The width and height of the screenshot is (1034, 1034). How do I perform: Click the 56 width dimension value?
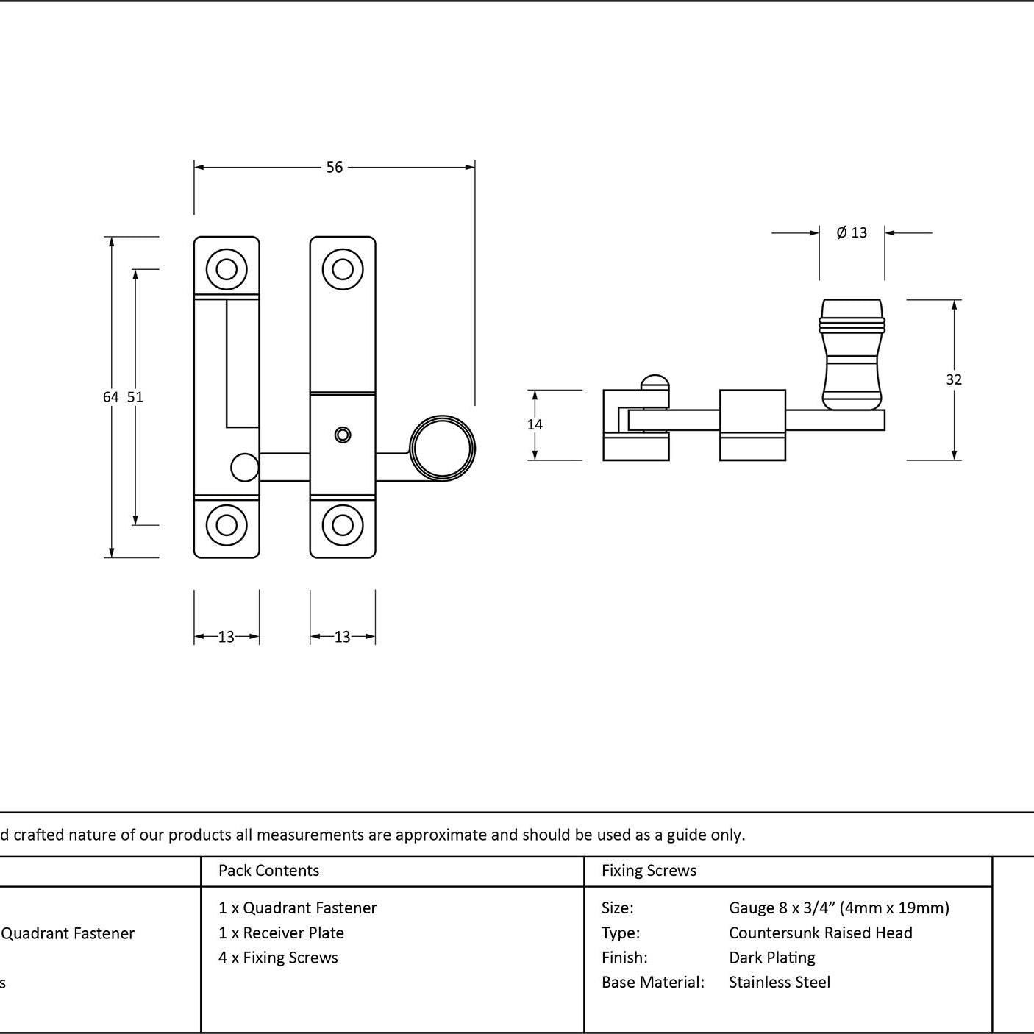pos(335,168)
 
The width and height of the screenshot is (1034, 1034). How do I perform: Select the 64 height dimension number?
pos(110,397)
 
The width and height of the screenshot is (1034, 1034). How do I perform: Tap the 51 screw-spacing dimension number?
pos(135,397)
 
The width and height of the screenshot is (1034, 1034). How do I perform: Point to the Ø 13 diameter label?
pos(852,232)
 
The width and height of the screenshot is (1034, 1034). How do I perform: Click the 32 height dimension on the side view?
pos(954,380)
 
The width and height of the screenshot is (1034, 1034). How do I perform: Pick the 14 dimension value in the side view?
pos(535,424)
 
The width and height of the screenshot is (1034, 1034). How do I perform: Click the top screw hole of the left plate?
pos(227,269)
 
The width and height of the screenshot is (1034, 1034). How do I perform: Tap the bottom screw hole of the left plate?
pos(227,525)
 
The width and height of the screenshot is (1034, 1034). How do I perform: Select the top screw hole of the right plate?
pos(343,269)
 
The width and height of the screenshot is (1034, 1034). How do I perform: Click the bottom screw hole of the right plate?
pos(343,525)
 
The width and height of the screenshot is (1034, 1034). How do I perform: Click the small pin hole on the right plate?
pos(343,435)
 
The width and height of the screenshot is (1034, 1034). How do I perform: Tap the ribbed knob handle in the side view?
pos(852,354)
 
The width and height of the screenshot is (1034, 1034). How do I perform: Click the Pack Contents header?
pos(269,870)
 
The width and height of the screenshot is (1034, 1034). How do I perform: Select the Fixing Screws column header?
pos(649,870)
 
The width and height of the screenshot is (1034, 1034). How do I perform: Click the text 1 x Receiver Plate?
pos(281,933)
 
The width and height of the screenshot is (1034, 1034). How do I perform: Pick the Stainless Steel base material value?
pos(779,982)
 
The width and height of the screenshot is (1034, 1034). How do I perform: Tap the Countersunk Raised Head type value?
pos(821,933)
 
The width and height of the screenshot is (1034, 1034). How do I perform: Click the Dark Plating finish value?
pos(771,958)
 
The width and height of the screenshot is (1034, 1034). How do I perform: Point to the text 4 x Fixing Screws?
pos(278,958)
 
